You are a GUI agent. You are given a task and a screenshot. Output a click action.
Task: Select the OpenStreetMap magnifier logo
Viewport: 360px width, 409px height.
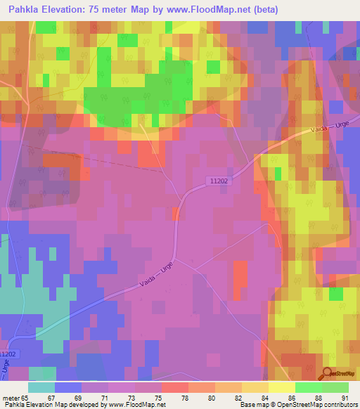tap(328, 375)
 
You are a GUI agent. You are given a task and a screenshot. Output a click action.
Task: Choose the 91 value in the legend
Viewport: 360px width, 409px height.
tap(344, 397)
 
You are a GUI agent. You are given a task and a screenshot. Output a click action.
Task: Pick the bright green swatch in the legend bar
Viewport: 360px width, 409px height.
tap(308, 387)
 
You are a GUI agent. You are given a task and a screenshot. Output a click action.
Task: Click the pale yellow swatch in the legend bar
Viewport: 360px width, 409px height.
tap(281, 387)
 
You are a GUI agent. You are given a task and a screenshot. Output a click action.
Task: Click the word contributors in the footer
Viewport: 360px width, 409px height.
tap(340, 405)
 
